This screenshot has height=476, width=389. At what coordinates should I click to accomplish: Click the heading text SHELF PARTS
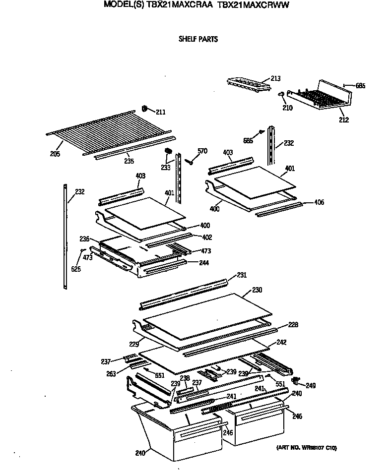[x=198, y=39]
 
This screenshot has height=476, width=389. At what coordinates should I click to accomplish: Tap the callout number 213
[x=275, y=78]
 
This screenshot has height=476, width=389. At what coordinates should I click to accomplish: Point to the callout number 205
[x=55, y=154]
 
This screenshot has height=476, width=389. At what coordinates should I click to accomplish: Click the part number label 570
[x=202, y=151]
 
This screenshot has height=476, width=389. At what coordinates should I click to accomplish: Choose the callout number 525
[x=75, y=269]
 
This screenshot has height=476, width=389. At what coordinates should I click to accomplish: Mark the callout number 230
[x=257, y=290]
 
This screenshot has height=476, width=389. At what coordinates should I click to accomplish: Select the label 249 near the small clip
[x=311, y=385]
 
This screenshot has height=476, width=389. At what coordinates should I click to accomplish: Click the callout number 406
[x=319, y=202]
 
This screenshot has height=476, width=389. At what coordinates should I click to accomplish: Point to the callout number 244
[x=203, y=262]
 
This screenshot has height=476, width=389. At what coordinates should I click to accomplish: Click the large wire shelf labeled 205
[x=94, y=132]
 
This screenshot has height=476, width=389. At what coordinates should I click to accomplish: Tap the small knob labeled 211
[x=145, y=109]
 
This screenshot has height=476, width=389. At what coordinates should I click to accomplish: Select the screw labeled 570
[x=190, y=161]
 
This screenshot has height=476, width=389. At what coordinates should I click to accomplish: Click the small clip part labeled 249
[x=297, y=380]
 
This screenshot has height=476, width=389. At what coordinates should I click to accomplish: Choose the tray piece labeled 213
[x=248, y=84]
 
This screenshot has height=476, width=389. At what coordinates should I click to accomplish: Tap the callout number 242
[x=281, y=342]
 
